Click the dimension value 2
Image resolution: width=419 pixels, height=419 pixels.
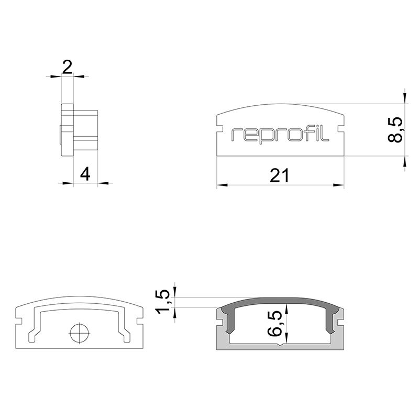click(x=67, y=67)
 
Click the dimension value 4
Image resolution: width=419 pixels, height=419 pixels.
click(x=85, y=174)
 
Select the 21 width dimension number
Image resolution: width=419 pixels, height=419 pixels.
click(x=279, y=175)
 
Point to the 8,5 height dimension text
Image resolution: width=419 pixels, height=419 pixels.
click(x=395, y=129)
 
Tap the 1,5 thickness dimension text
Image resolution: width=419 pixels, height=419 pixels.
click(x=163, y=301)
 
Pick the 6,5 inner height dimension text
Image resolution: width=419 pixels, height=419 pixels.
click(x=274, y=323)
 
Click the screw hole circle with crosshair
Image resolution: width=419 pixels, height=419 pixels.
click(x=80, y=334)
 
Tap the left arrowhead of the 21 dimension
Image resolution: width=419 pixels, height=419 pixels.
click(x=222, y=185)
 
